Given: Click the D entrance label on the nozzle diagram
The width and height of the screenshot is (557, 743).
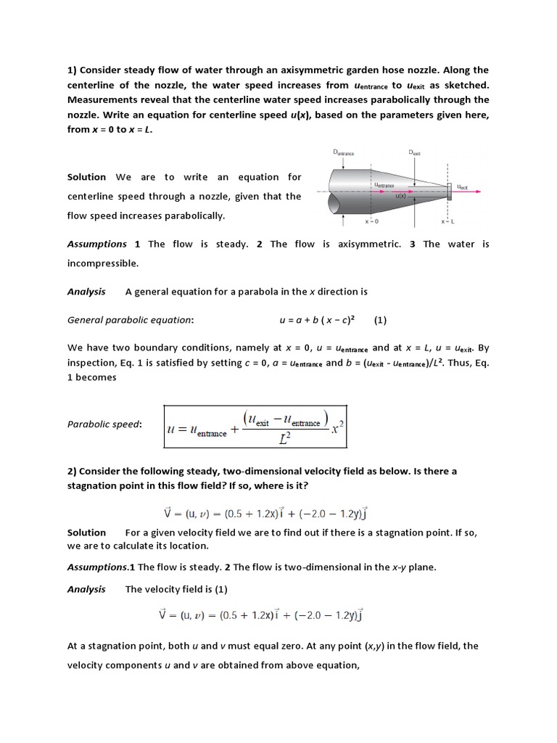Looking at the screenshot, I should point(344,153).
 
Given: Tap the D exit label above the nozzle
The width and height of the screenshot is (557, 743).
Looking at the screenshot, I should point(415,153).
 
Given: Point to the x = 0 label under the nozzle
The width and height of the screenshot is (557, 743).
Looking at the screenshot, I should point(371,221).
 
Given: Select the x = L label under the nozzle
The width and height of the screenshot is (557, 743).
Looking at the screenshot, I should point(447,221).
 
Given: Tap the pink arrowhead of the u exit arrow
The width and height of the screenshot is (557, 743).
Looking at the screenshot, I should point(479,192).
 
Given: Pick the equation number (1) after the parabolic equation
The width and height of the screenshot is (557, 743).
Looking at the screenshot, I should point(381,319).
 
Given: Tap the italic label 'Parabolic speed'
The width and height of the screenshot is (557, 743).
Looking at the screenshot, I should point(104,424).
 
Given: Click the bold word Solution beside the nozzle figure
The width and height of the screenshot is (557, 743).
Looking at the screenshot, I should point(86,177).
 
